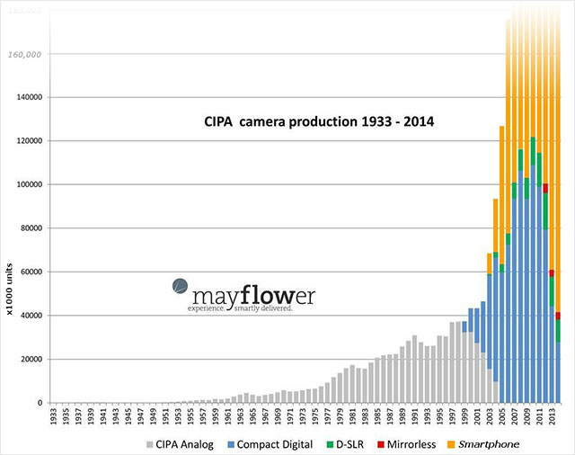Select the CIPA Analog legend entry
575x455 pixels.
point(186,444)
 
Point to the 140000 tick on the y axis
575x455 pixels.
point(29,97)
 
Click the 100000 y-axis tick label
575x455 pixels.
point(29,184)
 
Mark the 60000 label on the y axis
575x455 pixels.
point(31,272)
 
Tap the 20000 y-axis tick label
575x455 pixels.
point(31,359)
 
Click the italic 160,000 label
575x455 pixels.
point(27,54)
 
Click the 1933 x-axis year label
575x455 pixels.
point(54,416)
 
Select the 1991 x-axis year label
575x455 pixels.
point(412,416)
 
